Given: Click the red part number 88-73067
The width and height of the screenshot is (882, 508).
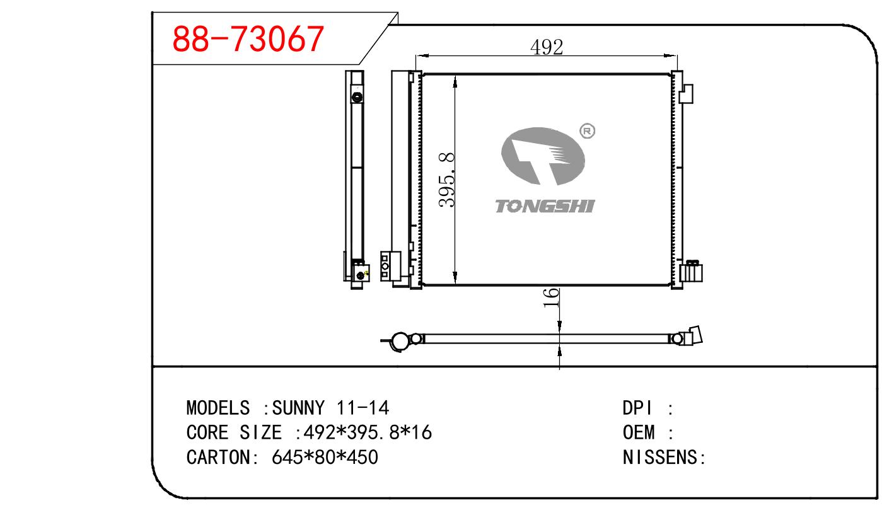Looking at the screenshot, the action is click(x=248, y=38).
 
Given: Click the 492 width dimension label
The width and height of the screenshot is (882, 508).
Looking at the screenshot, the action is click(x=547, y=47).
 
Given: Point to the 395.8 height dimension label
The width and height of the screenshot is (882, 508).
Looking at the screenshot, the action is click(x=447, y=180).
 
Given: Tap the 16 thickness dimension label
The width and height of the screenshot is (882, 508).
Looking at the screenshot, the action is click(x=551, y=297).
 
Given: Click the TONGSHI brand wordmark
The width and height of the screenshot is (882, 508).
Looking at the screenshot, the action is click(x=545, y=206).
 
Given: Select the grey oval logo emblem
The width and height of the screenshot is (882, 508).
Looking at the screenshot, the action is click(x=543, y=156).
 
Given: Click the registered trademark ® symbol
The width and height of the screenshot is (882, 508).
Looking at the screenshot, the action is click(x=588, y=131).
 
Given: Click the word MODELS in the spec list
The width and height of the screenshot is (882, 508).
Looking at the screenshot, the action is click(x=218, y=408).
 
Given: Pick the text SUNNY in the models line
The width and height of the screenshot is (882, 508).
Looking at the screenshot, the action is click(x=298, y=408).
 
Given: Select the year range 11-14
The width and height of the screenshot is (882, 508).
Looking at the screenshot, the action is click(x=363, y=408).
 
